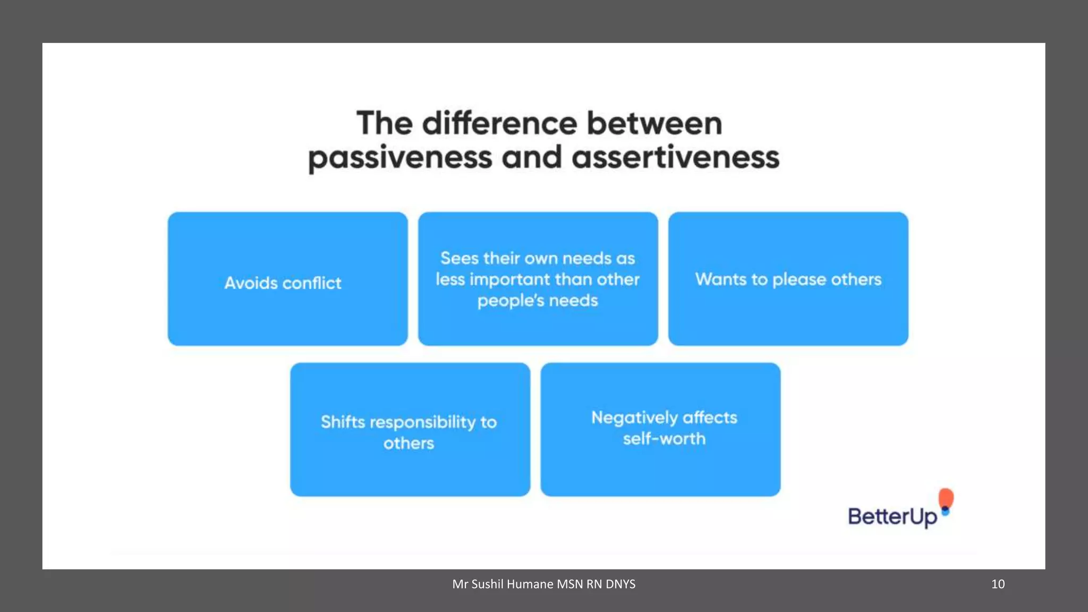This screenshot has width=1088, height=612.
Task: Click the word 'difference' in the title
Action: point(499,123)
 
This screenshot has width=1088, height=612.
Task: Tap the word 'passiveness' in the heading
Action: point(400,158)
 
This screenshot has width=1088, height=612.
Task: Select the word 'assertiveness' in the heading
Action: point(675,158)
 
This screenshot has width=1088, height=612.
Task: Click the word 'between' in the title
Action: point(654,123)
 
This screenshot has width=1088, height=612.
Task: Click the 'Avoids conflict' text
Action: point(283,283)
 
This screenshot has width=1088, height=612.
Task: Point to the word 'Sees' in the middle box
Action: point(460,258)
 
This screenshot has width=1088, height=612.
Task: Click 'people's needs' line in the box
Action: point(538,301)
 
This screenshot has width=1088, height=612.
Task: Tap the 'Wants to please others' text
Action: point(788,279)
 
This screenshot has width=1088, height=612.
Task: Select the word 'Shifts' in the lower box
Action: point(343,422)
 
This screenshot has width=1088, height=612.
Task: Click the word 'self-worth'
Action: point(664,439)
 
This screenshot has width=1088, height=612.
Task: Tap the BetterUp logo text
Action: point(892,516)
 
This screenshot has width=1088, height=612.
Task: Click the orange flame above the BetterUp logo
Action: point(946,498)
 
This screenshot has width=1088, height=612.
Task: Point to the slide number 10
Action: point(998,584)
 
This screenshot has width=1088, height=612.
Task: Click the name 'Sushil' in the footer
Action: point(487,584)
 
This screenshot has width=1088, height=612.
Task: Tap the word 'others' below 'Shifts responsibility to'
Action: point(409,443)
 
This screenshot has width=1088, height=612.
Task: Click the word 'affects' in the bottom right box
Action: point(710,418)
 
